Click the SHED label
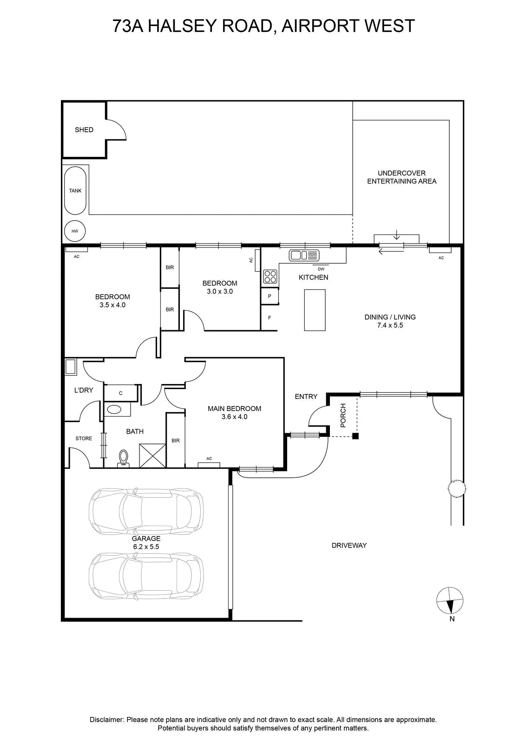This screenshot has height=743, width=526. point(84,130)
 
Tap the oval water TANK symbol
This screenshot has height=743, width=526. point(75,190)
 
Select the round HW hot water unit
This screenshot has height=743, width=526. point(75,231)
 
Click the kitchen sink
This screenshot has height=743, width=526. point(304,255)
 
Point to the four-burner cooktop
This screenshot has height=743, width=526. point(270,277)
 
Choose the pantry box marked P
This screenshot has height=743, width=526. point(270,296)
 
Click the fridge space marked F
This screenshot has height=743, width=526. point(270,318)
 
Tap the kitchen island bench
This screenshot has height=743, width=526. point(315,310)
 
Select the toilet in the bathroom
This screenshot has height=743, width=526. point(124,458)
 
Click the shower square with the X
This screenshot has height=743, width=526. point(152,456)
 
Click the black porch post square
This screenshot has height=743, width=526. point(355,436)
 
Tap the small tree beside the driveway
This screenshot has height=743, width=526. point(456,488)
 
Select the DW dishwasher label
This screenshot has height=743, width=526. point(321,269)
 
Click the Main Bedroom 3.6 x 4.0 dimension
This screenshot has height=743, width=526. point(234,417)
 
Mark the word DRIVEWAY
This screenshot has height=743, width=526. point(349,545)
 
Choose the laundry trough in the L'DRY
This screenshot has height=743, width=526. point(71,367)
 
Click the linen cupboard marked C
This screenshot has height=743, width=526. point(120,393)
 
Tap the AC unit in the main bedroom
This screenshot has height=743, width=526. point(209,465)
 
